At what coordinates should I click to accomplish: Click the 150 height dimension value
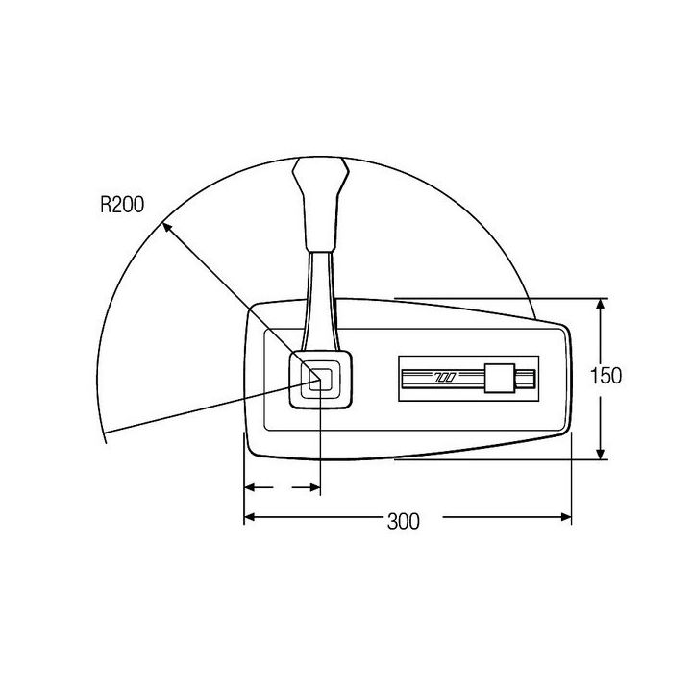(x=605, y=375)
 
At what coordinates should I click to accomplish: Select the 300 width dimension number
(x=404, y=522)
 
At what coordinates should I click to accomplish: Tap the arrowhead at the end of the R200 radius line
(x=165, y=227)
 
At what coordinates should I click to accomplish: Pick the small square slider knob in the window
(x=500, y=379)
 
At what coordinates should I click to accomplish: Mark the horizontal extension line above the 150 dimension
(x=500, y=298)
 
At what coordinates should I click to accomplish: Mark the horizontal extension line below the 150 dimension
(x=500, y=459)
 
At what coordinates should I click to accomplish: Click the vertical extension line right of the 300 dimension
(x=572, y=481)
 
